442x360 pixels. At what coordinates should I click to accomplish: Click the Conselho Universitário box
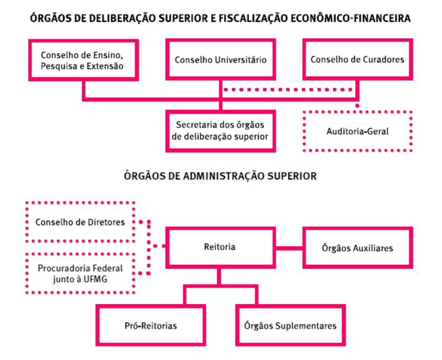pyautogui.click(x=220, y=59)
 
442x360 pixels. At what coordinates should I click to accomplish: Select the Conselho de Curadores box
pyautogui.click(x=357, y=59)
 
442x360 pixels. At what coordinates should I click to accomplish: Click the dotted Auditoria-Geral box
pyautogui.click(x=357, y=131)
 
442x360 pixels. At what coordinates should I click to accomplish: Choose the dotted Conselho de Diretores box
pyautogui.click(x=80, y=222)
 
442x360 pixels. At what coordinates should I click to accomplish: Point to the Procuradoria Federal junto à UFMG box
pyautogui.click(x=80, y=274)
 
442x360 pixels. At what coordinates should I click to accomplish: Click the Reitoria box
pyautogui.click(x=220, y=247)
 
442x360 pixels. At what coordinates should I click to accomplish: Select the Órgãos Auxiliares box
pyautogui.click(x=357, y=248)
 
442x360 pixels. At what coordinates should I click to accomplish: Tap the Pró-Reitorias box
pyautogui.click(x=151, y=325)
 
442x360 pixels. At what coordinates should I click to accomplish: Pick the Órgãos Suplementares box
pyautogui.click(x=290, y=325)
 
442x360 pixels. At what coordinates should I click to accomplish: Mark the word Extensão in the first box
pyautogui.click(x=107, y=66)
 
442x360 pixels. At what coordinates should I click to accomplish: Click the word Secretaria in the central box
pyautogui.click(x=195, y=125)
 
